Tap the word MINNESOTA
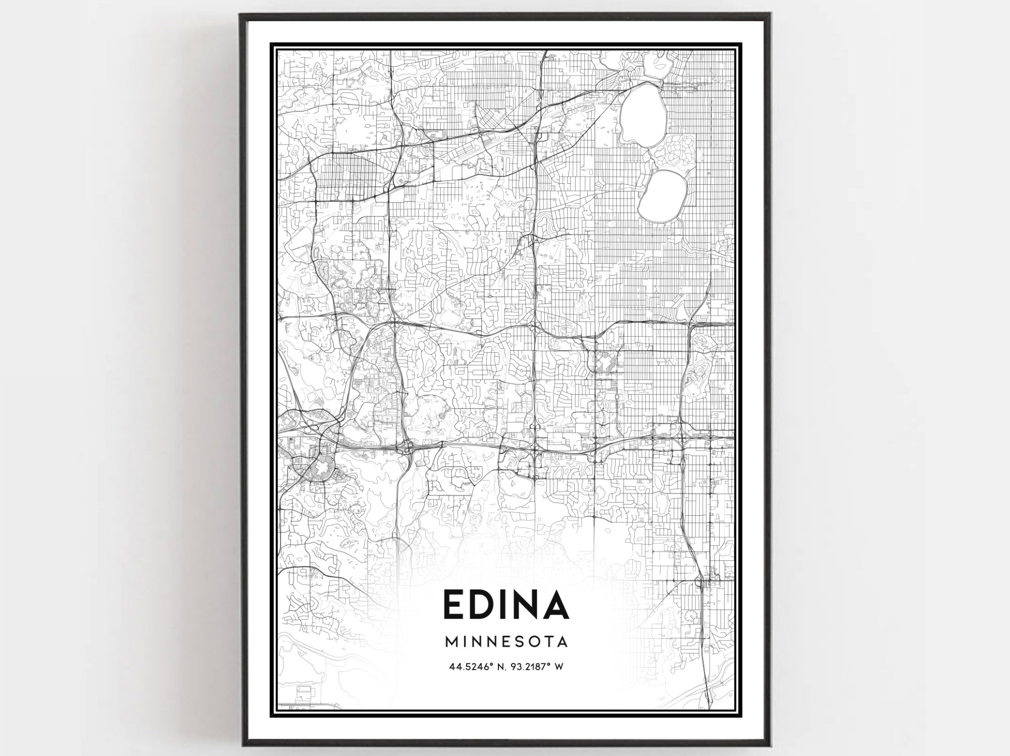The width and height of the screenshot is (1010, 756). (506, 642)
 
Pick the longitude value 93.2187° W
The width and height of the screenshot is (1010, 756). (537, 667)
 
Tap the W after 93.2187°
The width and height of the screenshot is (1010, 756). (559, 667)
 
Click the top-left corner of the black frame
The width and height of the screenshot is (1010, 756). (241, 15)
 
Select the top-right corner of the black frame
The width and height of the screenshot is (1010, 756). (770, 15)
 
